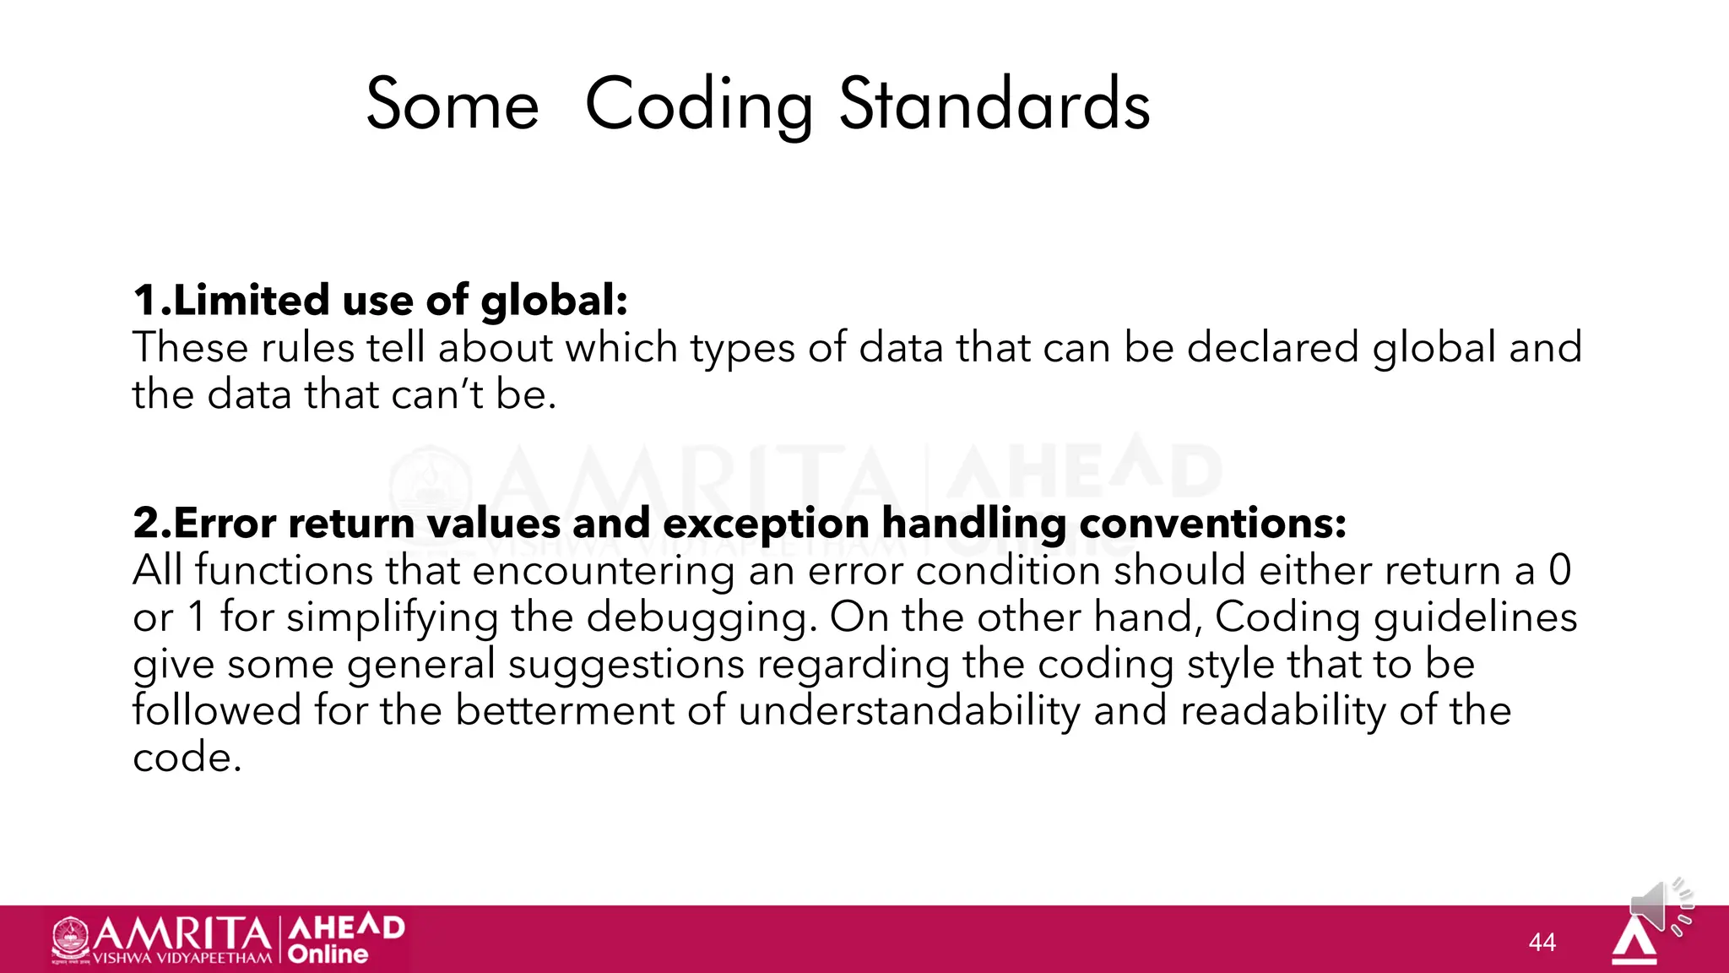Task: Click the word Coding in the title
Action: click(699, 105)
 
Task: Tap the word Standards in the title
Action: click(995, 105)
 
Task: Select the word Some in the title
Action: click(453, 105)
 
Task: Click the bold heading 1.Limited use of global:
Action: click(381, 301)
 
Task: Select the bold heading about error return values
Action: click(740, 523)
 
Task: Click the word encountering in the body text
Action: click(604, 570)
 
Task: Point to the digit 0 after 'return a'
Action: click(1559, 570)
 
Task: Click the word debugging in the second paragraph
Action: click(702, 617)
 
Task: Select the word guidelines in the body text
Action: click(1475, 617)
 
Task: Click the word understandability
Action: click(909, 710)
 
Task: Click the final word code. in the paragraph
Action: click(187, 758)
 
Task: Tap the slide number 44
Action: click(1542, 942)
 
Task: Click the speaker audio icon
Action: click(1659, 907)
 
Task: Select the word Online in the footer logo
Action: click(328, 954)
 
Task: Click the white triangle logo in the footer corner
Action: click(1634, 942)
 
